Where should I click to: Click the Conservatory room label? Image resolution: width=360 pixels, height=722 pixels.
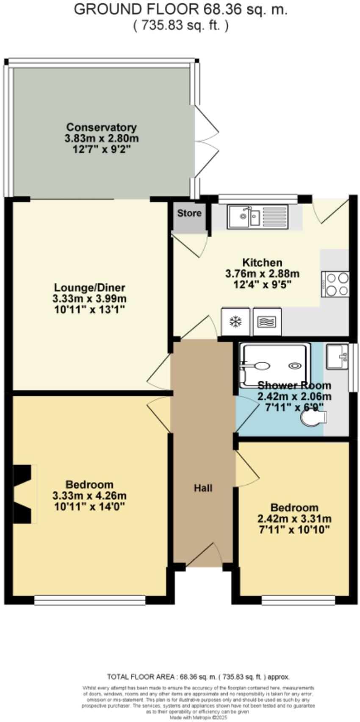point(101,127)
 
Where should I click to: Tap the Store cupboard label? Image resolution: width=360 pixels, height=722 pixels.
point(189,213)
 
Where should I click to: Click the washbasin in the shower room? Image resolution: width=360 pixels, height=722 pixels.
point(337,356)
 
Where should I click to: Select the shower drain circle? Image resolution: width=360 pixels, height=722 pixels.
point(294,365)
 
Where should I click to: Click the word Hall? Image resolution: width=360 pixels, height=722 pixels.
point(203,488)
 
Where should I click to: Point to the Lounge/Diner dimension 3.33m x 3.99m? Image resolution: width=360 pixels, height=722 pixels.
point(89,299)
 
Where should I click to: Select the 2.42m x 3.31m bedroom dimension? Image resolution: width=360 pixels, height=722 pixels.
point(294,519)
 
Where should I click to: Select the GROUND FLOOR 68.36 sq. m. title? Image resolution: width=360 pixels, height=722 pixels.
point(180,9)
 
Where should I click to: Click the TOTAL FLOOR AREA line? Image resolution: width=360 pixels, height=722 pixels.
point(198,677)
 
